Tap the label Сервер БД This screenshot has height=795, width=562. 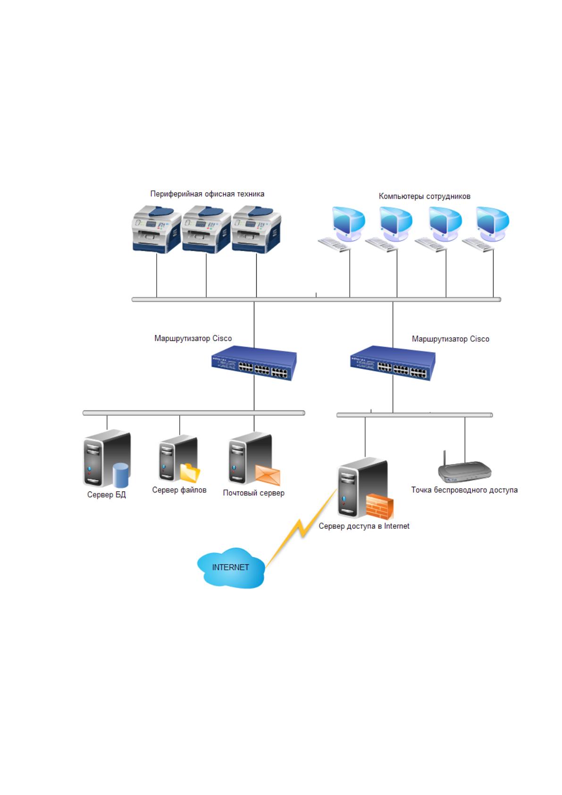(107, 494)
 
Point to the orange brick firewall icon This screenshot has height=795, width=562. (379, 507)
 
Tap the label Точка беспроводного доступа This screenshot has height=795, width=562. (464, 490)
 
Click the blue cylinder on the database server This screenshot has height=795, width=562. (120, 475)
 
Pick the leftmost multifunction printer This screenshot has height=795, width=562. (157, 229)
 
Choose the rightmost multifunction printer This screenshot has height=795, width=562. (256, 229)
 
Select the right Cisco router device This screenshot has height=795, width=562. (393, 363)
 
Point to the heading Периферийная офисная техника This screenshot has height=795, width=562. (207, 194)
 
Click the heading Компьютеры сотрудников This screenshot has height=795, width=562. (424, 196)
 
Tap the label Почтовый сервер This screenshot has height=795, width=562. (254, 493)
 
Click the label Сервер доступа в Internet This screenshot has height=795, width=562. (364, 526)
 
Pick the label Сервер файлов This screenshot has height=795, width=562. (179, 490)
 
